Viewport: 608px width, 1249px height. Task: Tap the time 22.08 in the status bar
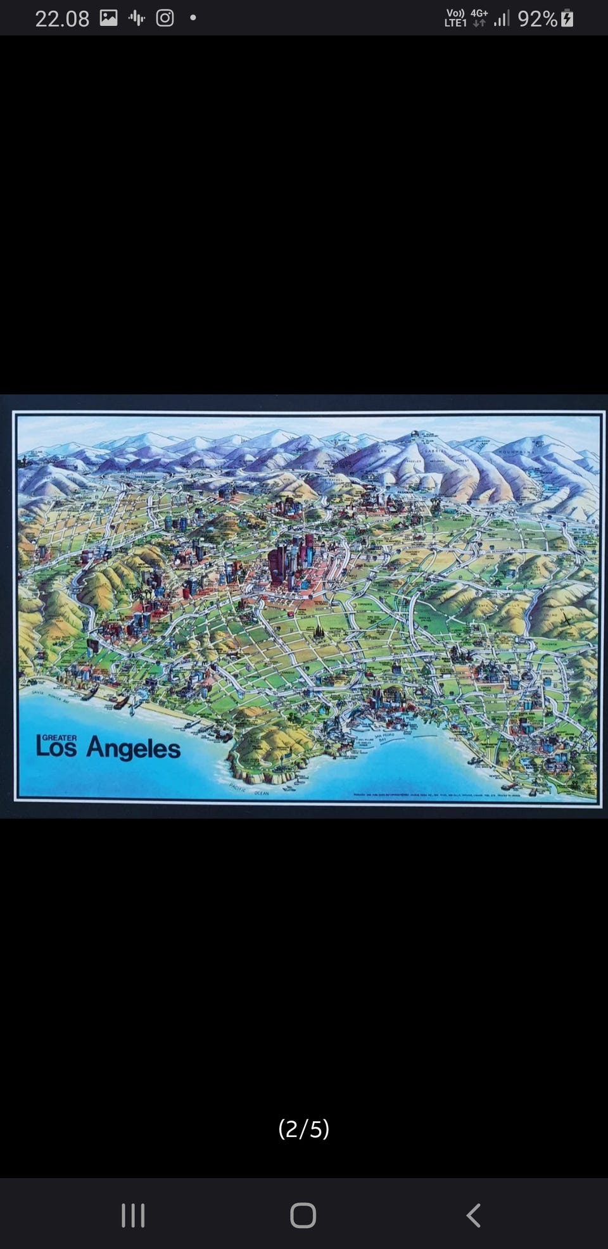coord(62,19)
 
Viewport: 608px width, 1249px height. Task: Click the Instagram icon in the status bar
coord(165,18)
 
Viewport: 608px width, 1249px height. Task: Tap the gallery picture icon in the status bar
coord(109,18)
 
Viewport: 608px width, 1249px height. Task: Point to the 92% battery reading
coord(537,19)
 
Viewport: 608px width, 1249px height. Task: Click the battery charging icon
coord(567,18)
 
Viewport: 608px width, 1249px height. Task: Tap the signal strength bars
coord(502,19)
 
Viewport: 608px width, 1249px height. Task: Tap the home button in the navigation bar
coord(303,1215)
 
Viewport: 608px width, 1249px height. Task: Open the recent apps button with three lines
coord(133,1215)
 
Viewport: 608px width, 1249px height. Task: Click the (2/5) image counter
coord(304,1129)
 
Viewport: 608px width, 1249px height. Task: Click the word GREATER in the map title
coord(60,737)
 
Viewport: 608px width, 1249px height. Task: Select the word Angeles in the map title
coord(133,749)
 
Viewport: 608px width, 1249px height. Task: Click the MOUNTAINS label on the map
coord(517,452)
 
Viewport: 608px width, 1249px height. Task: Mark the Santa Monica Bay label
coord(51,694)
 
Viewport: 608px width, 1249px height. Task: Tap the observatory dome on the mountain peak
coord(414,434)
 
